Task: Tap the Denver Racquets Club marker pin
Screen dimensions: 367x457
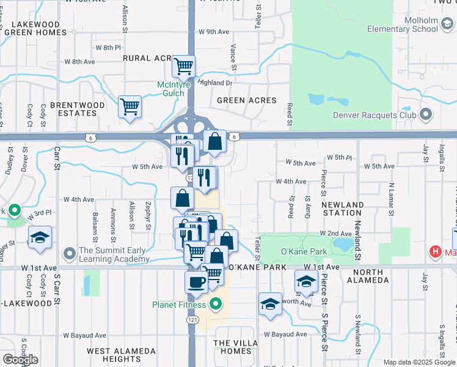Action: tap(426, 114)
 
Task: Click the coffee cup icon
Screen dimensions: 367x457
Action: tap(196, 282)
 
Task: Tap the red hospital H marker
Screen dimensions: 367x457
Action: tap(435, 251)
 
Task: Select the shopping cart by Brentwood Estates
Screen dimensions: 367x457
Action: tap(130, 106)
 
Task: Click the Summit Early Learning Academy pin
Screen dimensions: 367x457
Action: tap(69, 252)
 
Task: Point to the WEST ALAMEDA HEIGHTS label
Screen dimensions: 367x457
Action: tap(115, 355)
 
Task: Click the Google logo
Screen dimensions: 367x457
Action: tap(20, 360)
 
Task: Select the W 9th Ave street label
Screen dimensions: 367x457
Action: tap(213, 32)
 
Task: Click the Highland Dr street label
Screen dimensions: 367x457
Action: tap(216, 83)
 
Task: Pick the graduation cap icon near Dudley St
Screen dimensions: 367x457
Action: tap(40, 237)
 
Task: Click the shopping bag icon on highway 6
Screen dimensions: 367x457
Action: tap(215, 142)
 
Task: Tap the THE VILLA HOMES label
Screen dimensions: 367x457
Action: tap(232, 347)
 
